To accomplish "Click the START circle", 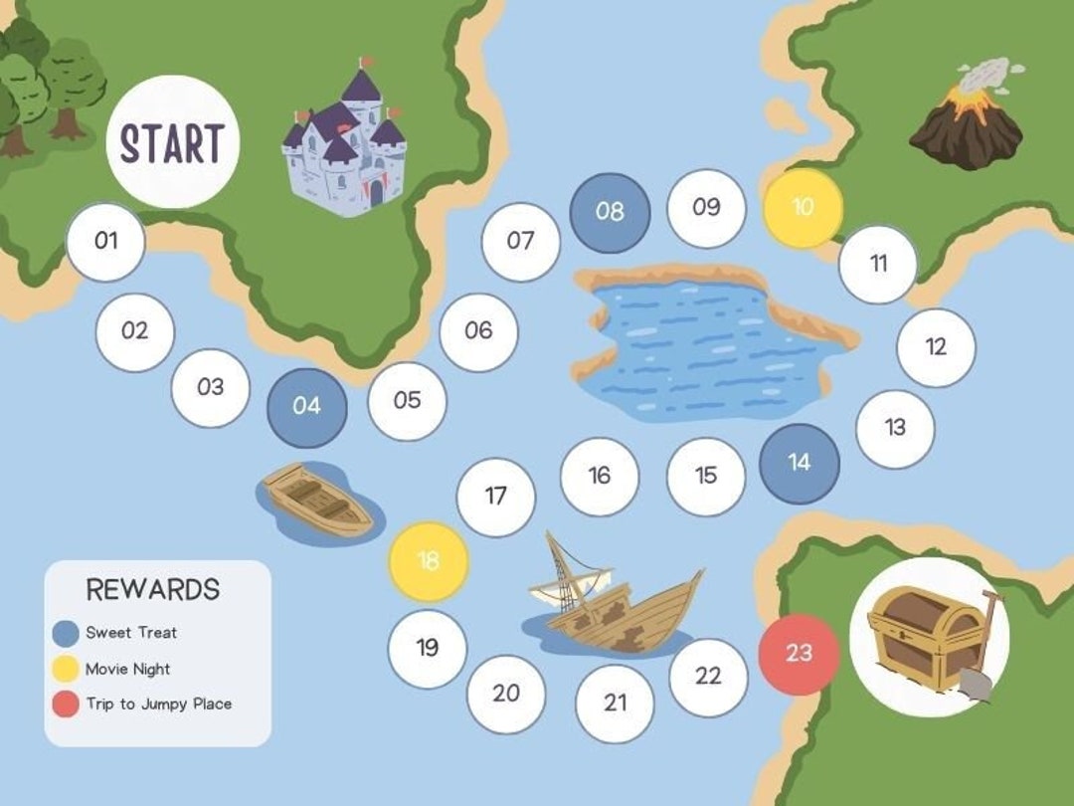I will click(x=172, y=142).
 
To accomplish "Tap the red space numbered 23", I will click(x=799, y=654).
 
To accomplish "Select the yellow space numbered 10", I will click(x=803, y=207).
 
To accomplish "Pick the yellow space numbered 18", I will click(x=428, y=561).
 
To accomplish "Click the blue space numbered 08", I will click(x=610, y=212).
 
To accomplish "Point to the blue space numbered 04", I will click(x=307, y=407).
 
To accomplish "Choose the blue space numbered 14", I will click(x=799, y=463).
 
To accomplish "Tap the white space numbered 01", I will click(x=105, y=241).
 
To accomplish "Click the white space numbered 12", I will click(x=936, y=347).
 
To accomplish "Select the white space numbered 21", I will click(x=616, y=703).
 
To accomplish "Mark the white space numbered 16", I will click(x=599, y=477).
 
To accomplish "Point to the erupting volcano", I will click(x=968, y=118).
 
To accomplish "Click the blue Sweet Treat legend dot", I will click(x=66, y=633).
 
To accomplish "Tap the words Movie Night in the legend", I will click(x=127, y=669).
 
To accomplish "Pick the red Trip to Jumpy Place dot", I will click(x=66, y=705).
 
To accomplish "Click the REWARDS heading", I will click(x=152, y=589).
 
